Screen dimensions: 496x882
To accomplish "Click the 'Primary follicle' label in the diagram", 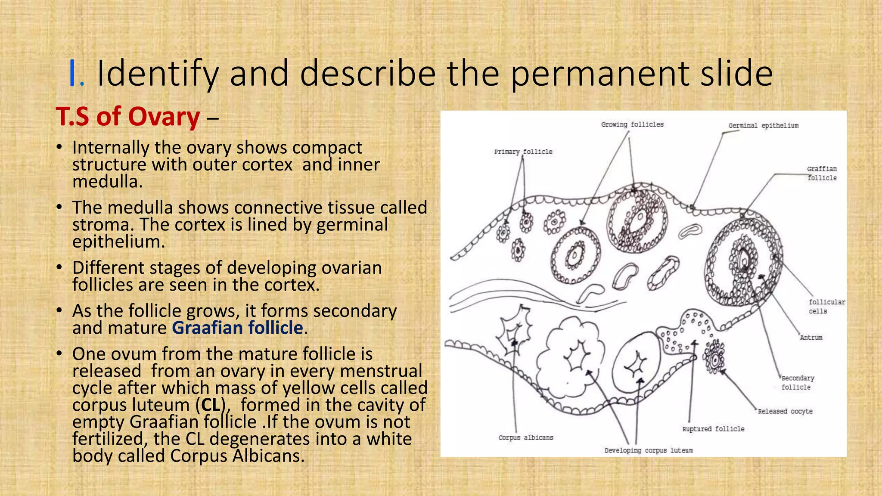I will [x=523, y=152].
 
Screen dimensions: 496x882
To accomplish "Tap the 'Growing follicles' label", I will [x=632, y=124].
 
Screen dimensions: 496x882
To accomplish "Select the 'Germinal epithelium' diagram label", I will [x=763, y=125].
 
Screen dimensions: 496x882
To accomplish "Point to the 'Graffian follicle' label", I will [x=822, y=173].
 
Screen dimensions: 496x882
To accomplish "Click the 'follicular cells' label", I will [x=826, y=307].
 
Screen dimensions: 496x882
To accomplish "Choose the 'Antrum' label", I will [x=811, y=338].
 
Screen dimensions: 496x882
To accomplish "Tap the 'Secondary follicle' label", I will [x=798, y=382].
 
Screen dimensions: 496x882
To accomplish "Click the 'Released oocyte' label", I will [x=785, y=411].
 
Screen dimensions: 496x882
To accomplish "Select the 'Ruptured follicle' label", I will [x=713, y=429].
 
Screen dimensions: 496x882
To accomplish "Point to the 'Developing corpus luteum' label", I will [x=649, y=450].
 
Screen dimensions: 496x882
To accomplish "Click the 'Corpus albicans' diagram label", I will [x=526, y=437].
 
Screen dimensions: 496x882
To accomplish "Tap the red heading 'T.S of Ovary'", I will [x=128, y=117].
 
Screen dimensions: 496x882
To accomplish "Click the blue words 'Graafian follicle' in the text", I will [x=238, y=328].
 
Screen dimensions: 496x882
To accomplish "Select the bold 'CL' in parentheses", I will [x=211, y=405].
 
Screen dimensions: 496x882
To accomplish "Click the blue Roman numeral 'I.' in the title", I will [x=76, y=74].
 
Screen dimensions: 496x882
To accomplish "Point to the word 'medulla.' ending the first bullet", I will [x=107, y=181].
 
